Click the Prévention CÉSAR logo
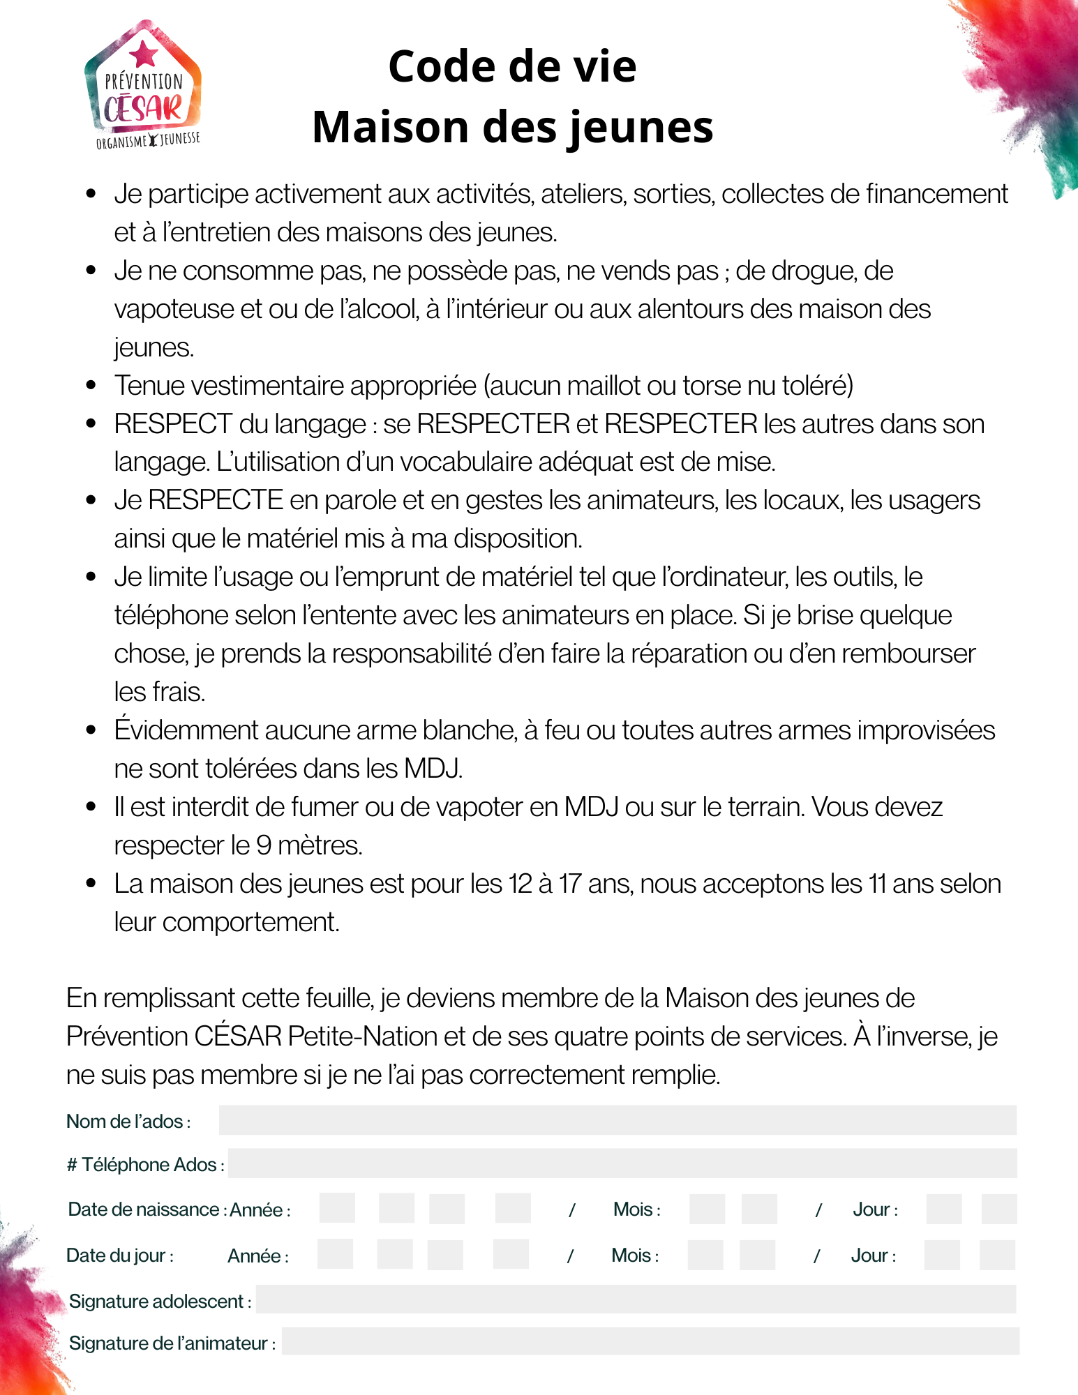pos(144,87)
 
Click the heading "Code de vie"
pos(512,67)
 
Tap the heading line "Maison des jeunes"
pos(512,128)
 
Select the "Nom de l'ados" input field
pos(617,1120)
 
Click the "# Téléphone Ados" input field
pos(622,1163)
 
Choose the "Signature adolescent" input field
pos(635,1299)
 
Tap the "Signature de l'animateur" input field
pos(650,1341)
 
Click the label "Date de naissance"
pos(144,1209)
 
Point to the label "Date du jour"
pos(119,1255)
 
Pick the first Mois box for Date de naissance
pos(706,1209)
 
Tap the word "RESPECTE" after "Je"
pos(216,500)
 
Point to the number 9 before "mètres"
pos(264,845)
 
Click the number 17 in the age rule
pos(569,884)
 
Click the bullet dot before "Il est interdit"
pos(91,807)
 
